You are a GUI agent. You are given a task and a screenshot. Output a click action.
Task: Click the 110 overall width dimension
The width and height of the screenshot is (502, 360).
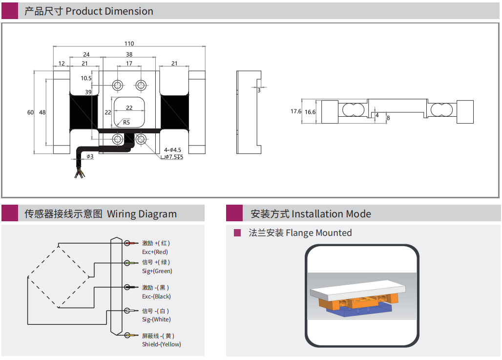[x=129, y=43]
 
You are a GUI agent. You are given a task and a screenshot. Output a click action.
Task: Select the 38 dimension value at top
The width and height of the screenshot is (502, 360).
[x=129, y=55]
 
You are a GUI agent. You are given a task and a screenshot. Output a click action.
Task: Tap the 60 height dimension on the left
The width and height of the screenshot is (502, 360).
[x=30, y=112]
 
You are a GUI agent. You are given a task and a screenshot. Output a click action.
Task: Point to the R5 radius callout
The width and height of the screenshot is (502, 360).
[x=126, y=122]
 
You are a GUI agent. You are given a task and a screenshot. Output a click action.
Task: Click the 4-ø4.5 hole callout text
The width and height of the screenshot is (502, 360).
[x=173, y=150]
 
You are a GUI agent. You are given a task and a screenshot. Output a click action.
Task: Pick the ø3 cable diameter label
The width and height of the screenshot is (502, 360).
[x=90, y=156]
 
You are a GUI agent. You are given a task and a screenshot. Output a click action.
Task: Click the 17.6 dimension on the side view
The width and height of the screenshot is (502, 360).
[x=296, y=111]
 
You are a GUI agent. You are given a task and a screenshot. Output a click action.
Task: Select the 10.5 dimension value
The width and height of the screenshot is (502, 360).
[x=86, y=78]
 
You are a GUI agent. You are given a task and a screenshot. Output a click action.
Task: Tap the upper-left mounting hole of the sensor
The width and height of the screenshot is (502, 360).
[x=118, y=85]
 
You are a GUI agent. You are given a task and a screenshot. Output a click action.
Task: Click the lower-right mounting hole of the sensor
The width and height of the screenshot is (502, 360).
[x=141, y=139]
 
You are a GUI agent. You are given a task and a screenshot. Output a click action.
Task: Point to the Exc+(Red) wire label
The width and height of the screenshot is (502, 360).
[x=155, y=252]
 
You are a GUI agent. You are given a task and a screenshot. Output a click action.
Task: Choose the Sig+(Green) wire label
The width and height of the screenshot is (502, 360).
[x=157, y=271]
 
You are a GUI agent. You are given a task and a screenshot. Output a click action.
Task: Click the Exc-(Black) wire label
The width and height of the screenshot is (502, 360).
[x=156, y=296]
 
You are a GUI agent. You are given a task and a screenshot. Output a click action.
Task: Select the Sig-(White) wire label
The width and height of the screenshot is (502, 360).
[x=156, y=319]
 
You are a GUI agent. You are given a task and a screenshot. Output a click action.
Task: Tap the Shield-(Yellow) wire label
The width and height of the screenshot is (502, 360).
[x=162, y=344]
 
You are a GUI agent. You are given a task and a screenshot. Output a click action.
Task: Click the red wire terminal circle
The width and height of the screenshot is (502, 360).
[x=127, y=243]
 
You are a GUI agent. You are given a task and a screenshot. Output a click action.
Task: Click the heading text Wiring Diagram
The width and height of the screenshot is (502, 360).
[x=142, y=214]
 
